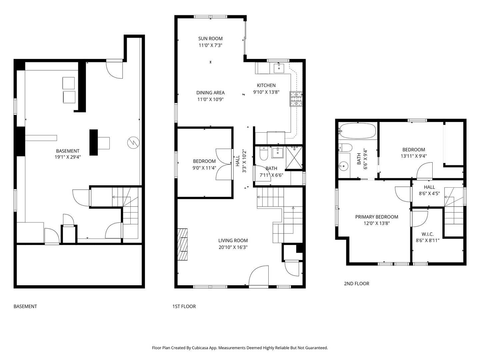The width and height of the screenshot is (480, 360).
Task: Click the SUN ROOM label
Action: (210, 39)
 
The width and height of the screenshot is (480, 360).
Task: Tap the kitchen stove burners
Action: (296, 99)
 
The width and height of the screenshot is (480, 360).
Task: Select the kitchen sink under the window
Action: (279, 68)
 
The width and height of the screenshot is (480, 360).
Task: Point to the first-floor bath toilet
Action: (263, 154)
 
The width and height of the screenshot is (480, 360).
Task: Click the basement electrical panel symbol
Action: (133, 143)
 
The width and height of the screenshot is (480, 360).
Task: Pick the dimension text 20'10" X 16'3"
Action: (233, 247)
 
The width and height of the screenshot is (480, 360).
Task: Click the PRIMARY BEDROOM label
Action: (377, 217)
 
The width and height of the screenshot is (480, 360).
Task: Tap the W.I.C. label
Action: (427, 234)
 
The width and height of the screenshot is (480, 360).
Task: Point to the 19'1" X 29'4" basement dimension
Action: (68, 157)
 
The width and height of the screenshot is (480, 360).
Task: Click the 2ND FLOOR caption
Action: (356, 284)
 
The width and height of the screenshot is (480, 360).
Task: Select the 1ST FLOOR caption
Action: (184, 306)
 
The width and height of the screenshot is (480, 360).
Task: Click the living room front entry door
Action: (259, 276)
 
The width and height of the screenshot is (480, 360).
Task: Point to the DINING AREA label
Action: (210, 93)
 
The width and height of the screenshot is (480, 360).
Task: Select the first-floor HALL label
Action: (238, 161)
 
